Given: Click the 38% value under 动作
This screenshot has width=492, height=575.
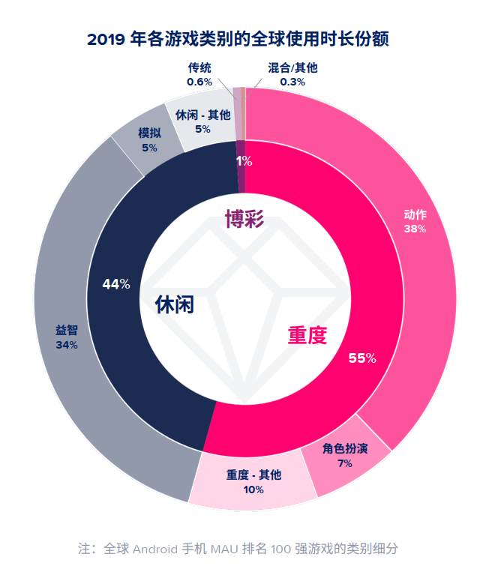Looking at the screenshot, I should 415,229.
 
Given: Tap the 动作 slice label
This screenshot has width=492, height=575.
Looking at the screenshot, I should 415,216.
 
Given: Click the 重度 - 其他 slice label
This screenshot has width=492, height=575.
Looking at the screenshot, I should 253,475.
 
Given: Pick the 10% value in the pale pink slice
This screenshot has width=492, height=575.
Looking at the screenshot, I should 253,490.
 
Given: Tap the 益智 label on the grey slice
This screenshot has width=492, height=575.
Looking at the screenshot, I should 66,331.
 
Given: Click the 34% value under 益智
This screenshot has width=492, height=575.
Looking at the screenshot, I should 66,345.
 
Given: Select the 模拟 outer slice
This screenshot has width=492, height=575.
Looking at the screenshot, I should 147,141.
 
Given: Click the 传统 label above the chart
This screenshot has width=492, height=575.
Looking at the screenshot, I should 199,68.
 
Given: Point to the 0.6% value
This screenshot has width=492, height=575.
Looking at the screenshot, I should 199,82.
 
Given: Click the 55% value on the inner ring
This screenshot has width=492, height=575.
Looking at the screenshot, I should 362,358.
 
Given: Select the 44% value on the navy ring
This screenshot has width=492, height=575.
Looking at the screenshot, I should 116,284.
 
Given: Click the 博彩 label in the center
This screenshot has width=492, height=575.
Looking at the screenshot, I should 244,219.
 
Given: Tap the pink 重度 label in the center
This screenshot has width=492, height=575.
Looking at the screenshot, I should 307,335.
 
